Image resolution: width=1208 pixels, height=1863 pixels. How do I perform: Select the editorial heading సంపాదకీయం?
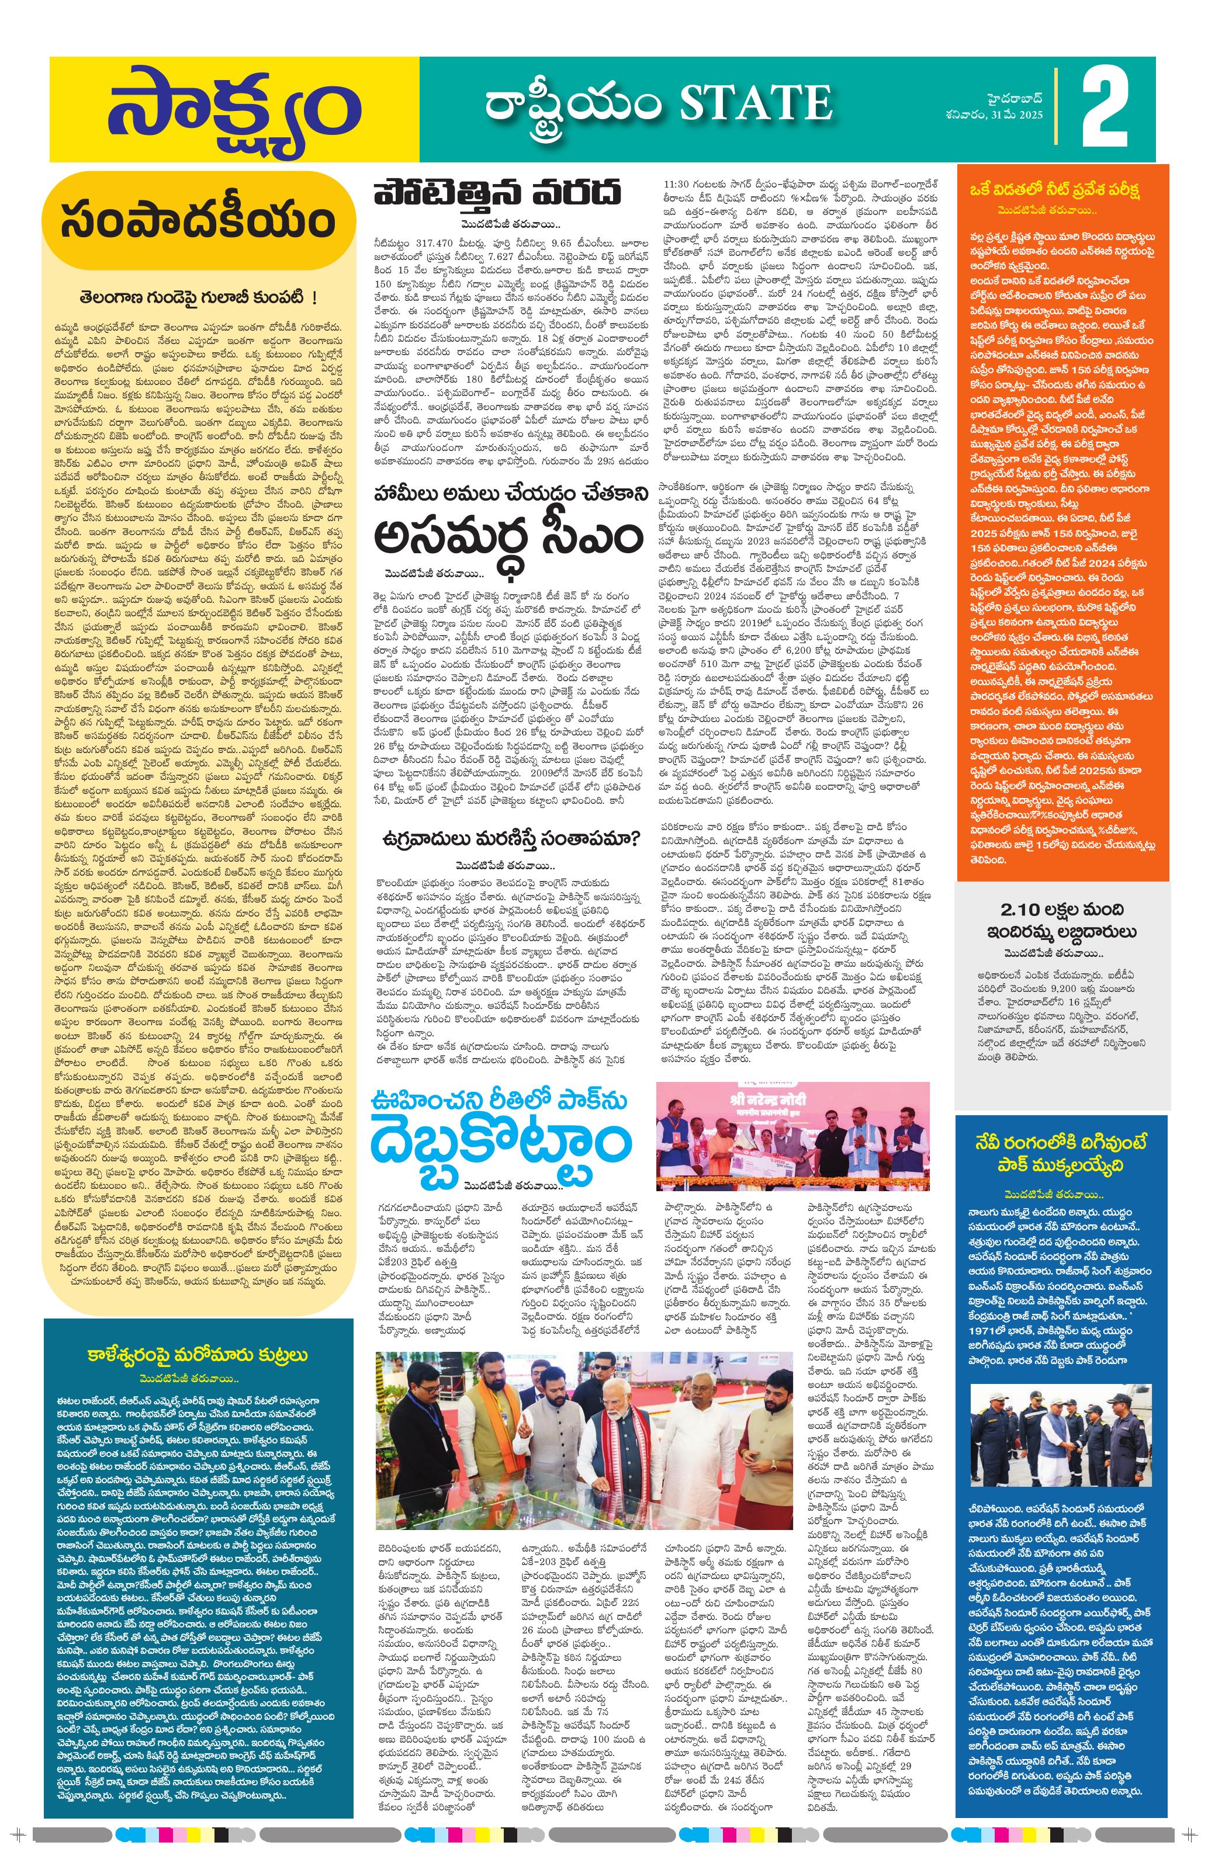click(x=198, y=221)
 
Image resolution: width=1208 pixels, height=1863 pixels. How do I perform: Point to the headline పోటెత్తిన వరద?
click(x=496, y=192)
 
